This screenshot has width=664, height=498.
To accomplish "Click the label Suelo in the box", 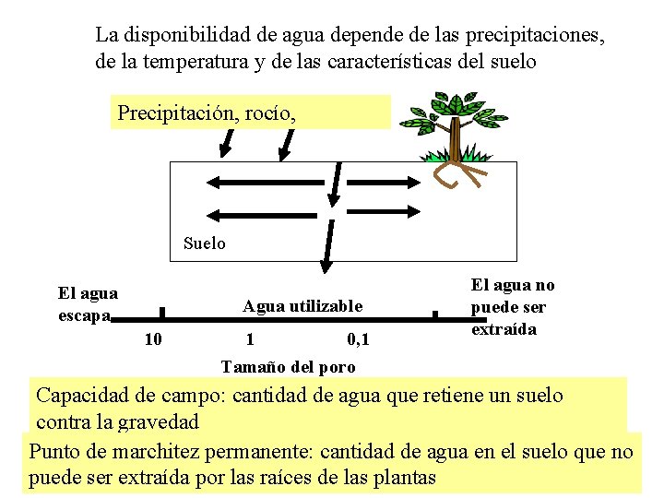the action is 204,243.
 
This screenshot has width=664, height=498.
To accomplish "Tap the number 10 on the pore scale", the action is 154,339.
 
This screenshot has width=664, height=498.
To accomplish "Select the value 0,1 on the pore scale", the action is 359,339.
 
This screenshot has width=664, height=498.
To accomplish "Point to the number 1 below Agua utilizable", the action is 250,339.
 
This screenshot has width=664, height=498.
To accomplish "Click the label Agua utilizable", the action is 302,306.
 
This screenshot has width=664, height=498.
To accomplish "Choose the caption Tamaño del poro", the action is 288,367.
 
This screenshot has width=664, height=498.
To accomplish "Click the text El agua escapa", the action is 88,304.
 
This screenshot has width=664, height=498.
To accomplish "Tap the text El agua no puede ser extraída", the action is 513,307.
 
